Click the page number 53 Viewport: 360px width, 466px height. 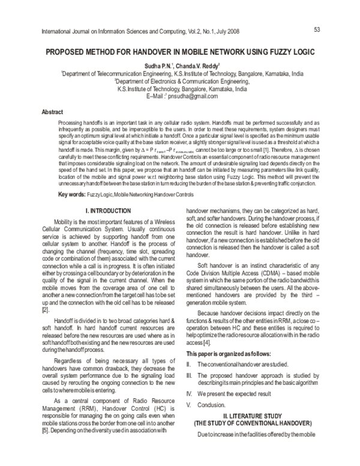coord(317,29)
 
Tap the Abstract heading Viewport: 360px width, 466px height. coord(53,112)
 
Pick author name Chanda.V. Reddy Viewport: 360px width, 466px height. coord(203,65)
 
